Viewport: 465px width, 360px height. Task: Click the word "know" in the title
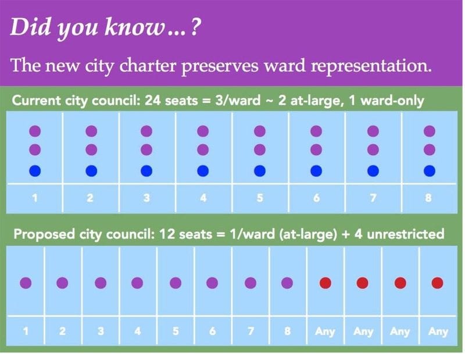[x=134, y=27]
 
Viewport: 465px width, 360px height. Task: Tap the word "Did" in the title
[x=30, y=27]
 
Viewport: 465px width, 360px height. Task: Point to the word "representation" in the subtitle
[x=371, y=66]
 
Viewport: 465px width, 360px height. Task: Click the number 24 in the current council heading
[x=153, y=100]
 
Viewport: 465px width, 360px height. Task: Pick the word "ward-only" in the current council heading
[x=392, y=101]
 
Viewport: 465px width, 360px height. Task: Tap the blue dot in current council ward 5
[x=260, y=171]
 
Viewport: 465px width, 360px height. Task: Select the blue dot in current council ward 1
[x=35, y=171]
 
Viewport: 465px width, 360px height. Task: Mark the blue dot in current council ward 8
[x=430, y=171]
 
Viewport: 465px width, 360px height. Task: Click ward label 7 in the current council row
[x=373, y=198]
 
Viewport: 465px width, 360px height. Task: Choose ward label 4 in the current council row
[x=203, y=198]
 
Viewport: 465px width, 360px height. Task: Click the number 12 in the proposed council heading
[x=167, y=234]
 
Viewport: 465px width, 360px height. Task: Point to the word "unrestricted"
[x=405, y=234]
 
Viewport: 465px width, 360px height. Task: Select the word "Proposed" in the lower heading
[x=44, y=234]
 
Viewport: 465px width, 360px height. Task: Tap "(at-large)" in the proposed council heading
[x=309, y=234]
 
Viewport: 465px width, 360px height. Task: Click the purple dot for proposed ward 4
[x=137, y=283]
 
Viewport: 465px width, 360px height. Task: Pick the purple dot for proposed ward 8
[x=287, y=283]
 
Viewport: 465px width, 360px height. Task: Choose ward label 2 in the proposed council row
[x=62, y=331]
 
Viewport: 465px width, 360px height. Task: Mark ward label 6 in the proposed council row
[x=212, y=331]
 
